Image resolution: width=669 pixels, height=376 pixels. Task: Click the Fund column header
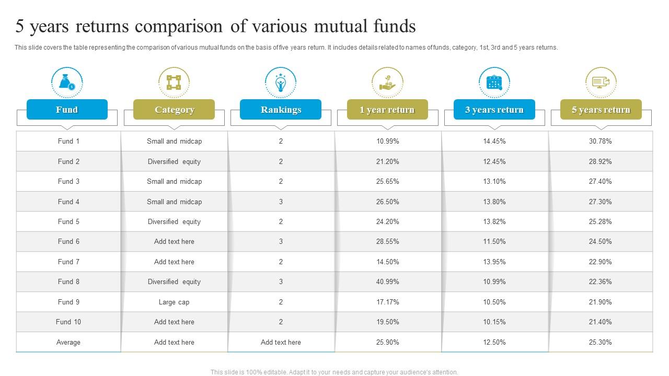[67, 110]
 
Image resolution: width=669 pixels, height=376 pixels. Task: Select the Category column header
[174, 110]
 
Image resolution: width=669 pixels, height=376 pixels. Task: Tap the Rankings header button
[281, 110]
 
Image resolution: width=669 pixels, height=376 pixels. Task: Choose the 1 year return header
[387, 110]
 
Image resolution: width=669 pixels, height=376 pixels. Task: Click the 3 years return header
[494, 110]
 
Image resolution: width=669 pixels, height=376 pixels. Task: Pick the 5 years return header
[601, 110]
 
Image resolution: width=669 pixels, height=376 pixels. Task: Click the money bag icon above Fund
[67, 82]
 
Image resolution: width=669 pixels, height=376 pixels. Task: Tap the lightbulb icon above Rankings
[281, 82]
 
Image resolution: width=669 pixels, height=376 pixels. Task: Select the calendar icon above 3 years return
[494, 82]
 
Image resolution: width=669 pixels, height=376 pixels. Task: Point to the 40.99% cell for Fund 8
[387, 281]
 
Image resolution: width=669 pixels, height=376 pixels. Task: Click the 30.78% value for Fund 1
[600, 141]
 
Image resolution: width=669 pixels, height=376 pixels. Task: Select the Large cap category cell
[174, 302]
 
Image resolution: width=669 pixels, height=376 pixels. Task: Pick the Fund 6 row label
[68, 241]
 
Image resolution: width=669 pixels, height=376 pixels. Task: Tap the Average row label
[68, 342]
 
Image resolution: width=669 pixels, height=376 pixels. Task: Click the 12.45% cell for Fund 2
[494, 161]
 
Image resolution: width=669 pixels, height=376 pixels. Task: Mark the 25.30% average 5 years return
[600, 342]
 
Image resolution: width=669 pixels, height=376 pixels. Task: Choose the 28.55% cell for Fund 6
[387, 241]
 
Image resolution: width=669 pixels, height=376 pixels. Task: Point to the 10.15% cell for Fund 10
[494, 322]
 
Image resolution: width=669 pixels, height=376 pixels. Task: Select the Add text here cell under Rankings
[281, 342]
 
